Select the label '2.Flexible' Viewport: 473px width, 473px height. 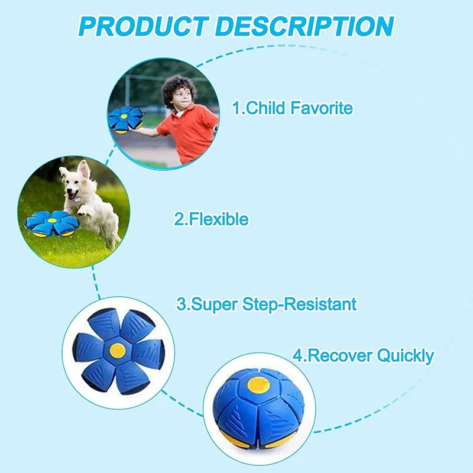click(x=210, y=219)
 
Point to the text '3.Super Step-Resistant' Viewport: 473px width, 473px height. click(x=267, y=304)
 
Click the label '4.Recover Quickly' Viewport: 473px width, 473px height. click(x=363, y=356)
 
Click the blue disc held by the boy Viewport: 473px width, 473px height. click(x=124, y=118)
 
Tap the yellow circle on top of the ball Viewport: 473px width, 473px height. click(x=258, y=385)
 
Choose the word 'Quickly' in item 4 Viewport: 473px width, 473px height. click(x=405, y=356)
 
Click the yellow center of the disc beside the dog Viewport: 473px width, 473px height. click(x=51, y=220)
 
